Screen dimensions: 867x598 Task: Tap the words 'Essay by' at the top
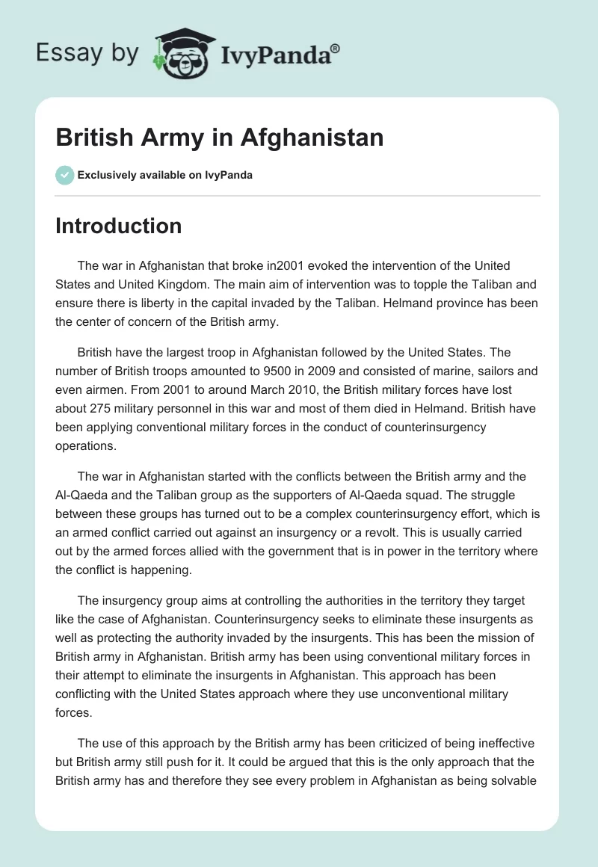pyautogui.click(x=87, y=54)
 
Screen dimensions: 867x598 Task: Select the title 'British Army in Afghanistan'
pyautogui.click(x=219, y=138)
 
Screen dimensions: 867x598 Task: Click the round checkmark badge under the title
pyautogui.click(x=64, y=175)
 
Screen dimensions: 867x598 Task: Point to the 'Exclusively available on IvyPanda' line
pyautogui.click(x=165, y=176)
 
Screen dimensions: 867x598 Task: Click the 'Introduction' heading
pyautogui.click(x=118, y=226)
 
